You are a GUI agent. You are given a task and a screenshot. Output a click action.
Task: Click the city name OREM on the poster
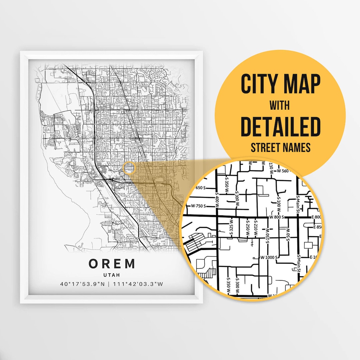(x=112, y=264)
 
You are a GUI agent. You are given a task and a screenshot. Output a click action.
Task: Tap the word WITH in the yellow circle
(x=280, y=106)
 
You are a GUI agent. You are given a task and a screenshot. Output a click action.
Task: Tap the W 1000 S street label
(x=269, y=257)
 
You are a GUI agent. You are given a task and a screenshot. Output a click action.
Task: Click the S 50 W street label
(x=287, y=233)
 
